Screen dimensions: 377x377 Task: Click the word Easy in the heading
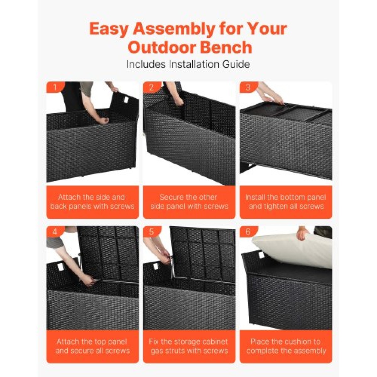click(x=109, y=29)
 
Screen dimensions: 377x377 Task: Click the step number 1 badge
click(x=55, y=87)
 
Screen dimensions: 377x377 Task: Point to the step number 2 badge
click(x=152, y=87)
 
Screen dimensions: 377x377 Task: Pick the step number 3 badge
click(x=248, y=87)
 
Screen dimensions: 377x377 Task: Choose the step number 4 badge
click(x=55, y=232)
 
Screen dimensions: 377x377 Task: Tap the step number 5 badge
click(x=152, y=232)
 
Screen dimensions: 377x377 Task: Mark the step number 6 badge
click(x=248, y=232)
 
